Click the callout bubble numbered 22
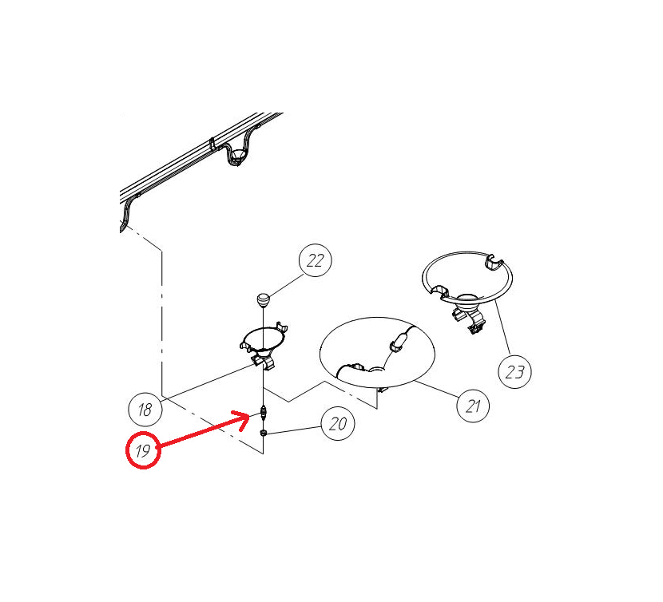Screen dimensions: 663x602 pyautogui.click(x=315, y=260)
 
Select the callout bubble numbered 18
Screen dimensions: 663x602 pyautogui.click(x=145, y=410)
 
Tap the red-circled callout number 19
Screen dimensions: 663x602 pyautogui.click(x=143, y=450)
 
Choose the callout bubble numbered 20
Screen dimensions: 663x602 pyautogui.click(x=338, y=423)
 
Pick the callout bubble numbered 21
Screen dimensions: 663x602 pyautogui.click(x=473, y=406)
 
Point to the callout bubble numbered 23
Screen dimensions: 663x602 pyautogui.click(x=515, y=371)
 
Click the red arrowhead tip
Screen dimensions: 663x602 pyautogui.click(x=249, y=415)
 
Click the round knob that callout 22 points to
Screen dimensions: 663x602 pyautogui.click(x=263, y=299)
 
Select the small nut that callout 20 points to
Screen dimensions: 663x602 pyautogui.click(x=263, y=433)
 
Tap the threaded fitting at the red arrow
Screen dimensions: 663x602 pyautogui.click(x=264, y=412)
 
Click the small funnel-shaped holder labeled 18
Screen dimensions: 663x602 pyautogui.click(x=264, y=346)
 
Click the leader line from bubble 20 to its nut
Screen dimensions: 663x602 pyautogui.click(x=294, y=430)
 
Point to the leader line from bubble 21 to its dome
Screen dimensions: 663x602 pyautogui.click(x=437, y=389)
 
